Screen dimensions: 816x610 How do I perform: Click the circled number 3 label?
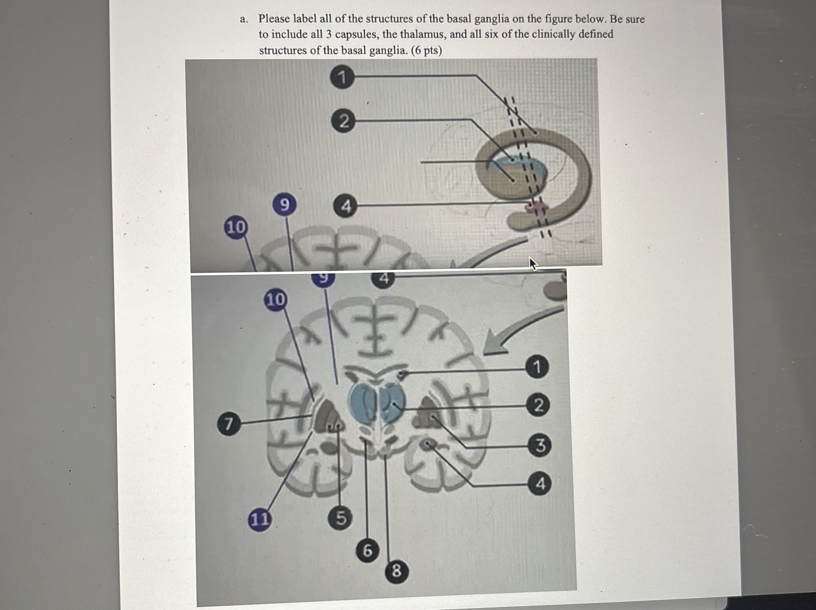click(539, 446)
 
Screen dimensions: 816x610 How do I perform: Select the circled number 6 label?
click(367, 551)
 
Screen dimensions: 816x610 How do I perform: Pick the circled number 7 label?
click(229, 424)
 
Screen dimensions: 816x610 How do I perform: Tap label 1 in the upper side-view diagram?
click(342, 77)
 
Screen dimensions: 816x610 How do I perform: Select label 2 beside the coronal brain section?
click(538, 405)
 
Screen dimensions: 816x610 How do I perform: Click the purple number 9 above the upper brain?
click(284, 205)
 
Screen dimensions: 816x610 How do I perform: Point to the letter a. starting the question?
click(243, 19)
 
